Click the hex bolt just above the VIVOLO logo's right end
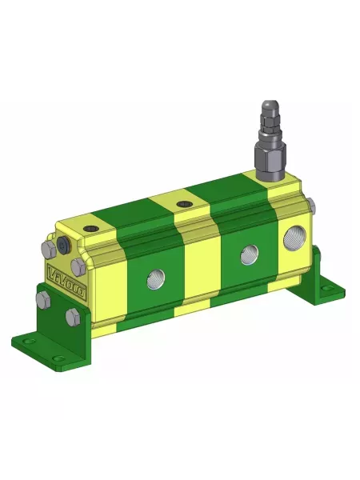click(77, 266)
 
